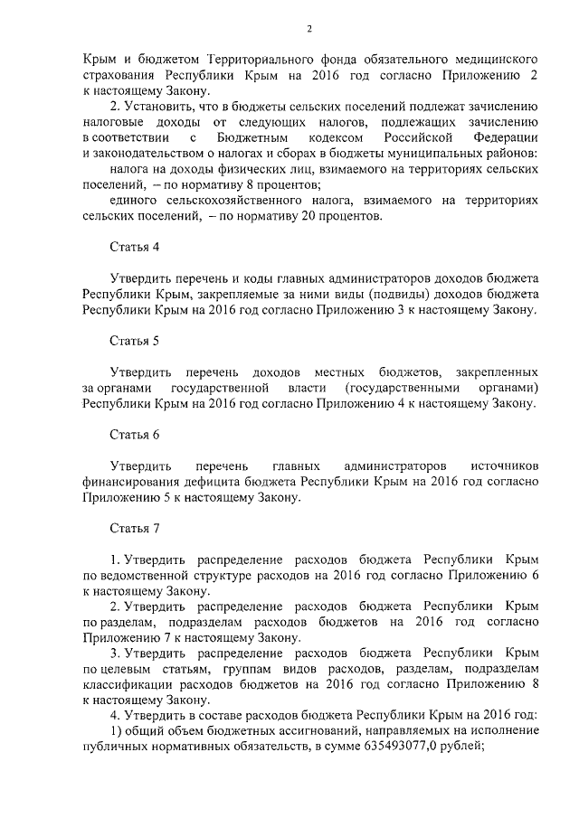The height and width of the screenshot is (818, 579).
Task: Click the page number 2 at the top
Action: [308, 29]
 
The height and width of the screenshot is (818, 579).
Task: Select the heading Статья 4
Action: [134, 246]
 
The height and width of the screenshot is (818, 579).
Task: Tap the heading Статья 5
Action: [134, 341]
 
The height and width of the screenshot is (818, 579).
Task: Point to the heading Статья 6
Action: [134, 435]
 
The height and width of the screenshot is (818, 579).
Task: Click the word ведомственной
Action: [148, 576]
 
